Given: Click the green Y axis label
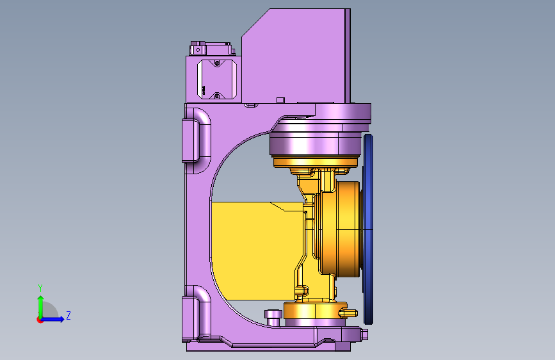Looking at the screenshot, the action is (40, 288).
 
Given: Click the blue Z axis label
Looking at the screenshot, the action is (68, 315).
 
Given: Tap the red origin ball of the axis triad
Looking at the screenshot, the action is (40, 320).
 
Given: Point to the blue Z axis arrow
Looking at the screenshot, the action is (53, 319).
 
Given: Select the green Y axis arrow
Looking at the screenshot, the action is (41, 307).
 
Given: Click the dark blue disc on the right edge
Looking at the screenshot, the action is (368, 229).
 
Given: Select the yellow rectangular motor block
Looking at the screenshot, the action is (257, 251).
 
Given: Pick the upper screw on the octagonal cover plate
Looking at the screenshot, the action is (217, 63).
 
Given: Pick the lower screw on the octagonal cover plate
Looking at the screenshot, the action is (217, 95).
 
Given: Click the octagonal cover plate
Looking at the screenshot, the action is (216, 79).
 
